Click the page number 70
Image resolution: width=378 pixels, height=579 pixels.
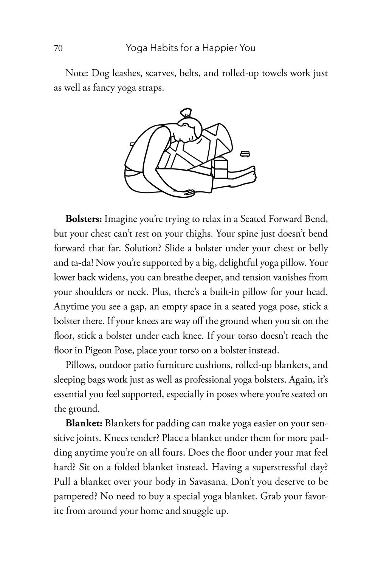[x=58, y=48]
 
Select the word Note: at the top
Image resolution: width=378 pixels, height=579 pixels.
[x=77, y=73]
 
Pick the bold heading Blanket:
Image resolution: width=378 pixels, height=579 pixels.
[x=83, y=424]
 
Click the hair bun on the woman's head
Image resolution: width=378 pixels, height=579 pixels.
[x=186, y=113]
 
